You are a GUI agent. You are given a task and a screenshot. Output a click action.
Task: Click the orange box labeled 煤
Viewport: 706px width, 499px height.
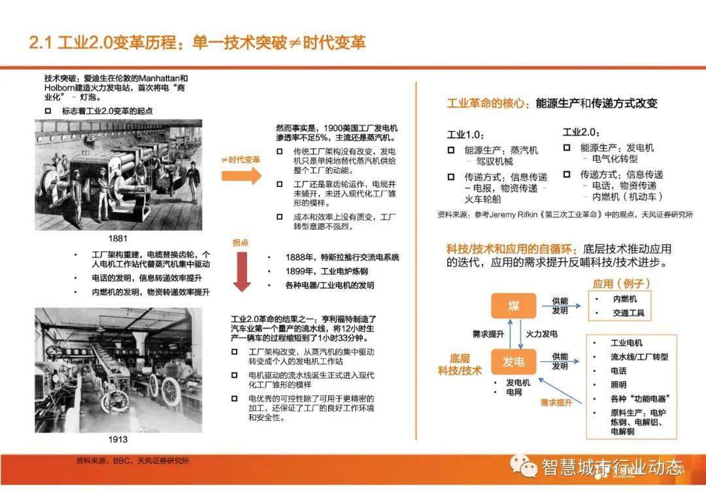click(x=513, y=306)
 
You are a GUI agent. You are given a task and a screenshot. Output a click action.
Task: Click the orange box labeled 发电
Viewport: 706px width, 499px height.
click(x=513, y=362)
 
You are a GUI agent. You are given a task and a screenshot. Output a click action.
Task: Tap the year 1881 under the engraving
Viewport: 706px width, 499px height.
click(x=118, y=238)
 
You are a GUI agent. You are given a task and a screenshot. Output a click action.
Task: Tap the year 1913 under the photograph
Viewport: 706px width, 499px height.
click(x=118, y=439)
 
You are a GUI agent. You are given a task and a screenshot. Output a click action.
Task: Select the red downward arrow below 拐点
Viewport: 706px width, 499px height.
click(x=242, y=273)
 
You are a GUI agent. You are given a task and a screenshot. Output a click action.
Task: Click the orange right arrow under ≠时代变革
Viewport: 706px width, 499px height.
click(x=241, y=176)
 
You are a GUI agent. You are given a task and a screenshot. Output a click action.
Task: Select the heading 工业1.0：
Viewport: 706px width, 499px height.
click(x=465, y=135)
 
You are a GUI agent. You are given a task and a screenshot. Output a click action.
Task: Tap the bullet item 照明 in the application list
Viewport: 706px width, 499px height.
click(x=618, y=385)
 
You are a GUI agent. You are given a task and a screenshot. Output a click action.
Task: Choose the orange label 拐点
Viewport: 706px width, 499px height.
click(x=241, y=242)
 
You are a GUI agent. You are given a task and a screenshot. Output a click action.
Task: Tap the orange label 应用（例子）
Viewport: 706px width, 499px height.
click(x=612, y=283)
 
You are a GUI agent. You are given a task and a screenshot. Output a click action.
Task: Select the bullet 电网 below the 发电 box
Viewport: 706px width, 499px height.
click(x=513, y=393)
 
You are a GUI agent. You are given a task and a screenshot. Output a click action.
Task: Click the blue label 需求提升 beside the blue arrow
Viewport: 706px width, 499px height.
click(x=556, y=403)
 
